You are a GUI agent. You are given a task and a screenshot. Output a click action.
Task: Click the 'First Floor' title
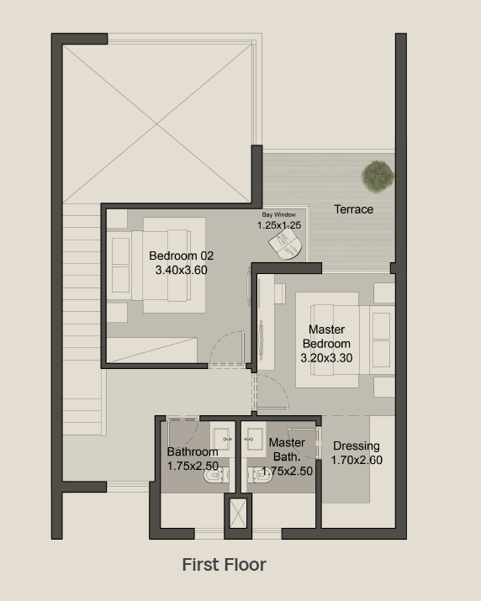[x=224, y=565]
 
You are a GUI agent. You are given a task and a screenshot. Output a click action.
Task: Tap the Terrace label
[x=353, y=209]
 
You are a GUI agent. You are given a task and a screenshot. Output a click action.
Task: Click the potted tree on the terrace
[x=378, y=176]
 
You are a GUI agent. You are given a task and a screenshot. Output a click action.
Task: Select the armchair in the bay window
[x=285, y=244]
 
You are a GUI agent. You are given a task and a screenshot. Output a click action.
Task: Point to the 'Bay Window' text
[x=279, y=214]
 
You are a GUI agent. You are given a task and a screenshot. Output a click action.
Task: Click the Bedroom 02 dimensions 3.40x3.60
[x=181, y=270]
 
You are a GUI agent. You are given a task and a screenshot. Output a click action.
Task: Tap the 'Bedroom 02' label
[x=181, y=256]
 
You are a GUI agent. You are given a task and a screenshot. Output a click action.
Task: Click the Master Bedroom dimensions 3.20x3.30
[x=326, y=358]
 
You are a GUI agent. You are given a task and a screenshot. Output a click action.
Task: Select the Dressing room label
[x=357, y=446]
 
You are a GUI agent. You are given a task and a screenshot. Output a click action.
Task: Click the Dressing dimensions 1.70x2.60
[x=357, y=460]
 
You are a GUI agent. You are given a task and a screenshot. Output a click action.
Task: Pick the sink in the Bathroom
[x=223, y=439]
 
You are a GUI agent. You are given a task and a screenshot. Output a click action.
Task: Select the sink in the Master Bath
[x=254, y=439]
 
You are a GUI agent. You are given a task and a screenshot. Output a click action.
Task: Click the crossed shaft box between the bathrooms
[x=238, y=514]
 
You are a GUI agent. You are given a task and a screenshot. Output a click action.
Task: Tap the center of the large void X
[x=157, y=124]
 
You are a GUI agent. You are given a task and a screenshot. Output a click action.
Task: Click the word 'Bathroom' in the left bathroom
[x=193, y=452]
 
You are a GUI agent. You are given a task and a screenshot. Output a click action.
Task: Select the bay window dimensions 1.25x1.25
[x=279, y=225]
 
